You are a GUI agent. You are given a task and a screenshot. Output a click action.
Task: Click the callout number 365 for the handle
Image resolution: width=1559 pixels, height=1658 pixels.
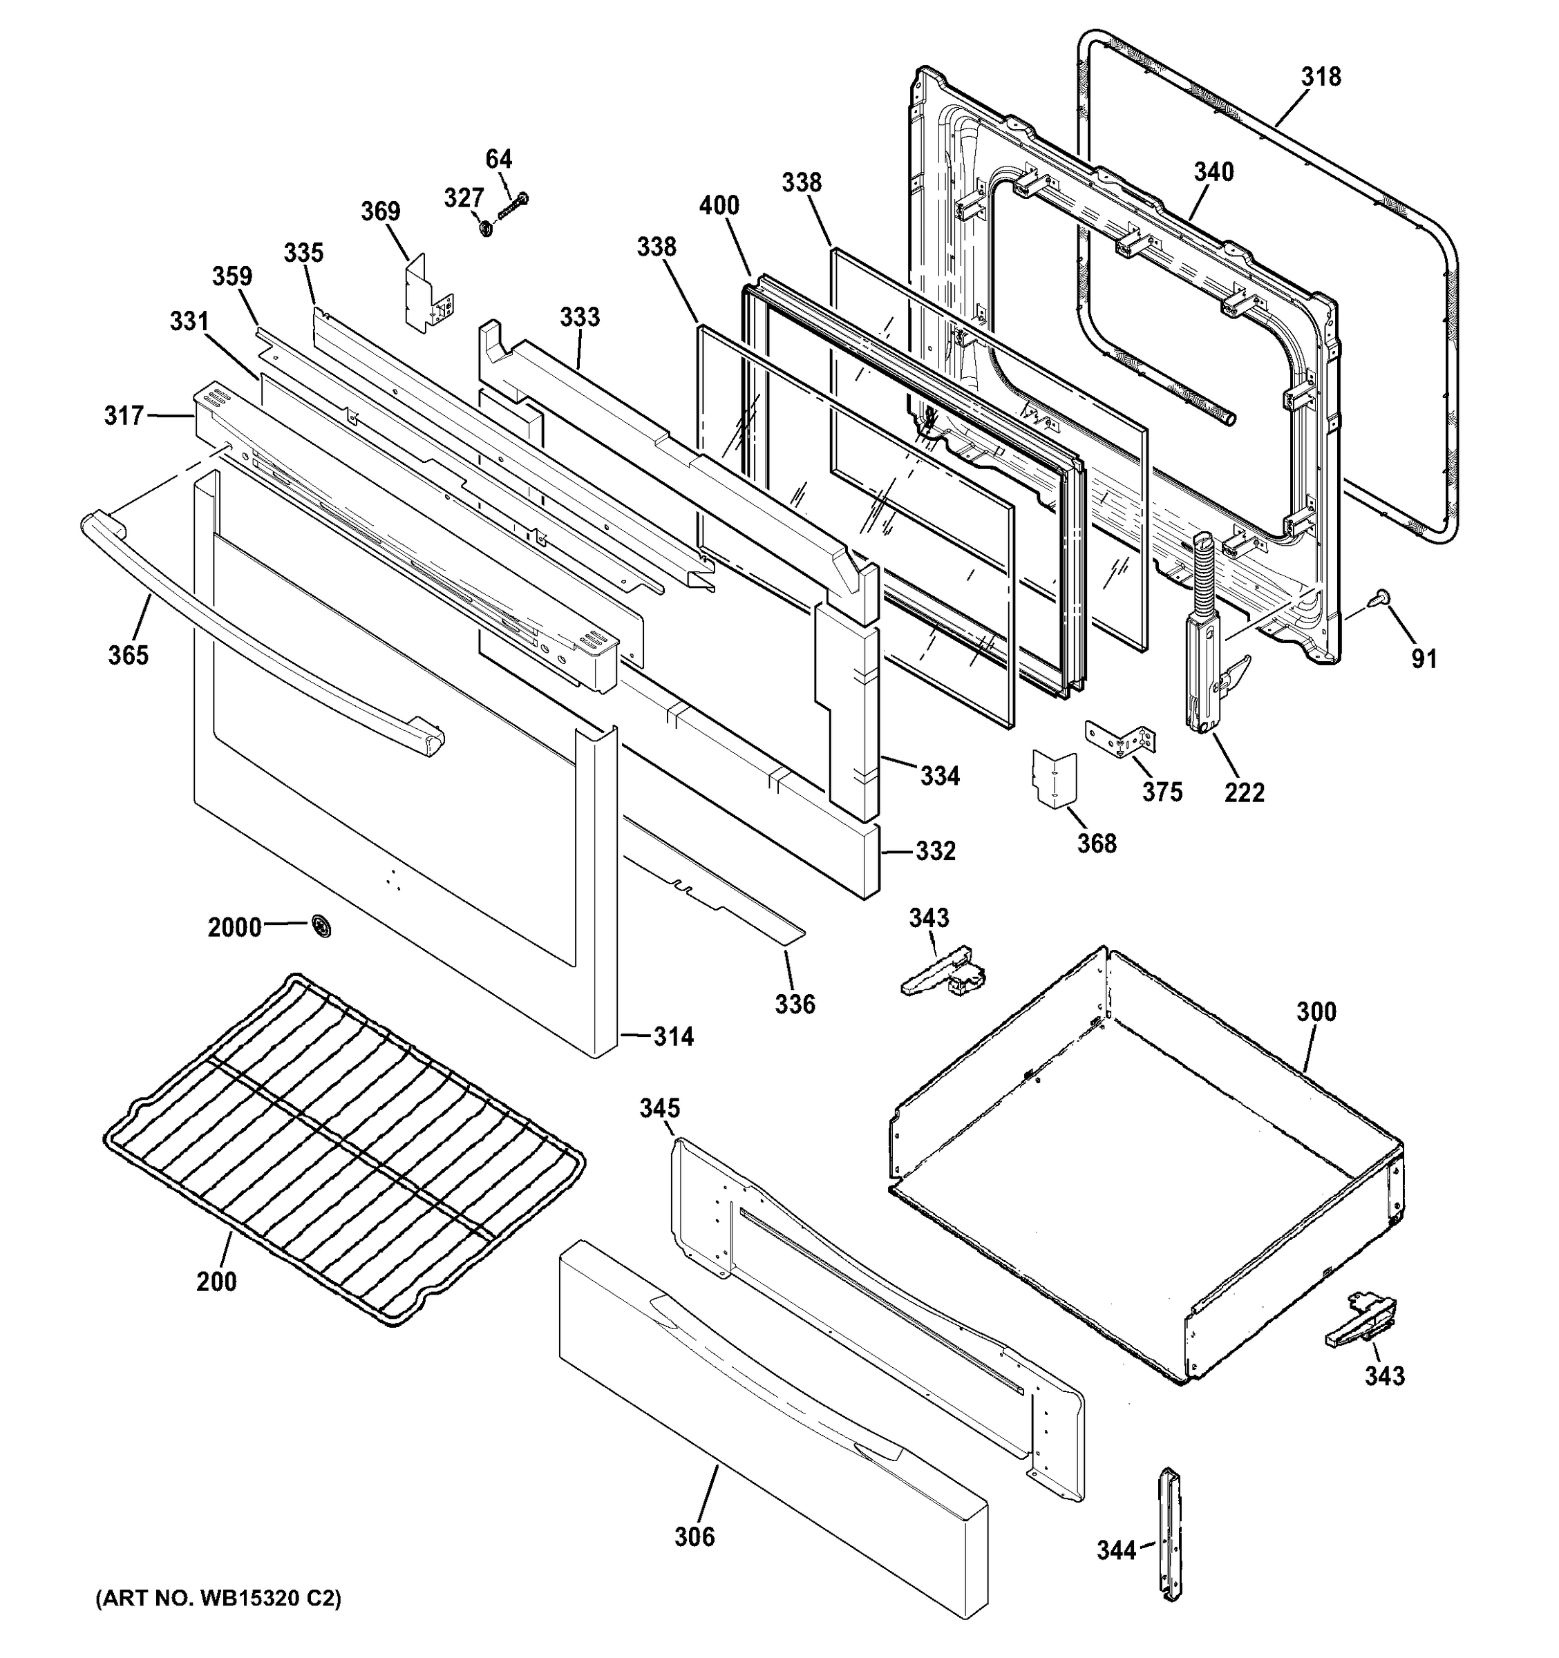[x=128, y=655]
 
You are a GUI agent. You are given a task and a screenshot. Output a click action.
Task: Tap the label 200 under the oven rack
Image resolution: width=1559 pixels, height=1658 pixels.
[x=216, y=1281]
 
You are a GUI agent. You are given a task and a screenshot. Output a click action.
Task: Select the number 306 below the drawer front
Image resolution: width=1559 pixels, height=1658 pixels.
[x=694, y=1536]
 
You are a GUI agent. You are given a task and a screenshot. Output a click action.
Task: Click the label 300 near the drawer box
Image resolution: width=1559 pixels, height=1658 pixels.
[x=1316, y=1011]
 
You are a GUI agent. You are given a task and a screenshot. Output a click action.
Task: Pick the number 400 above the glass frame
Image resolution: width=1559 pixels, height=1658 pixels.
[x=719, y=205]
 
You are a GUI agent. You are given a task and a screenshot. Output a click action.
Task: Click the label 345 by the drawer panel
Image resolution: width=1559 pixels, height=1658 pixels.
[x=660, y=1108]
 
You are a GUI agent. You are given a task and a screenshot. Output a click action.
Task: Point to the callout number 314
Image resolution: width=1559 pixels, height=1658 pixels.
[x=673, y=1037]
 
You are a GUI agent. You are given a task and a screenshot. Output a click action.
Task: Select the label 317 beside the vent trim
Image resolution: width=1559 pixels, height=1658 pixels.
[x=124, y=414]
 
